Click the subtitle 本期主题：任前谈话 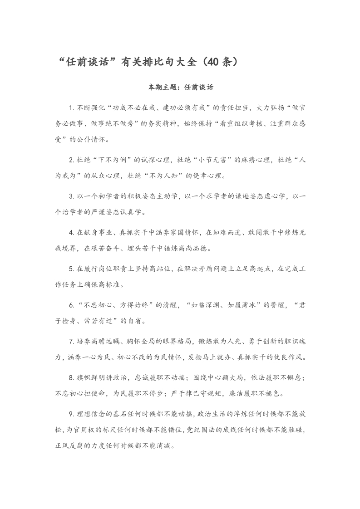(180, 87)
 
